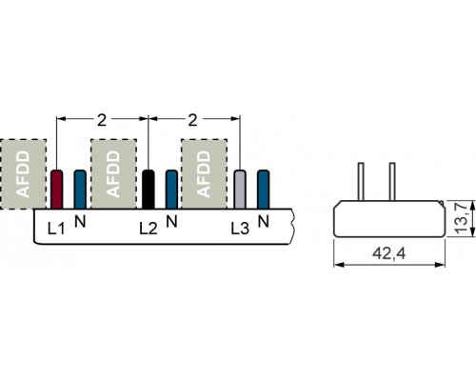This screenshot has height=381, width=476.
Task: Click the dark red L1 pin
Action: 57,190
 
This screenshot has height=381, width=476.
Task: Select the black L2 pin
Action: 149,190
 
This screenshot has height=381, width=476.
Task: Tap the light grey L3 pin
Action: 240,190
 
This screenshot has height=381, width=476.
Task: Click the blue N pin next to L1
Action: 80,190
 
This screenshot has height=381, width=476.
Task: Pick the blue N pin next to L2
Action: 171,190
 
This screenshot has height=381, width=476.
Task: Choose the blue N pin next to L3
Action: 264,190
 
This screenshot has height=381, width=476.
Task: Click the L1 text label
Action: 56,229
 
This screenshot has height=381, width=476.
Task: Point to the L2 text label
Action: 149,229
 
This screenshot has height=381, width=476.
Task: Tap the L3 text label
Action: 240,229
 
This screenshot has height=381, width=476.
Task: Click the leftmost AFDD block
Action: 23,174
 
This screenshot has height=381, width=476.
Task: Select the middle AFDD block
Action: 113,174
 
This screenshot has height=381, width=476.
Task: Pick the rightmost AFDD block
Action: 204,174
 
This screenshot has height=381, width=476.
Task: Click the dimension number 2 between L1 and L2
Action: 102,120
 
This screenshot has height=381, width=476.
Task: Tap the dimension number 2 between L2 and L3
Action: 192,120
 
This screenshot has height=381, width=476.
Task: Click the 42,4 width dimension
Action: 389,253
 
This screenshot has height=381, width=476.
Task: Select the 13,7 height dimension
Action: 461,218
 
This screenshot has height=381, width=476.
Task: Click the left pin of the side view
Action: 361,181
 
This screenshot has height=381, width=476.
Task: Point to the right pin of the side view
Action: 392,181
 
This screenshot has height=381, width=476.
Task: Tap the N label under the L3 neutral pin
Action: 264,221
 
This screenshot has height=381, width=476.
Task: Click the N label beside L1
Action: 80,221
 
